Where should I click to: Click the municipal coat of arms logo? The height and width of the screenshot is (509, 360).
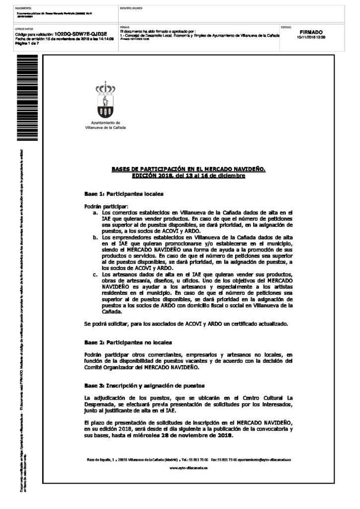pos(105,101)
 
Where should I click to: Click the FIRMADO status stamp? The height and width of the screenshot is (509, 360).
pos(311,32)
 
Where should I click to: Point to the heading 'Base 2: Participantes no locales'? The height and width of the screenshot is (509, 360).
pos(128,342)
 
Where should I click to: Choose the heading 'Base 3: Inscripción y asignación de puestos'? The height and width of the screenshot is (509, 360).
pos(145,386)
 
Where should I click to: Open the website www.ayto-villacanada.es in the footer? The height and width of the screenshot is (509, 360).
pos(188,468)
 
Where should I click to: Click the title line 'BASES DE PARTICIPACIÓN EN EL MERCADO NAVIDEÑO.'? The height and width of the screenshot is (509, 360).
pos(188,170)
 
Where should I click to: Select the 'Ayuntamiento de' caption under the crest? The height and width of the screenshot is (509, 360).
pos(106,122)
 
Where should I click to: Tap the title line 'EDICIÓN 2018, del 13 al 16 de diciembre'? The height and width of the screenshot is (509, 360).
pos(188,176)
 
